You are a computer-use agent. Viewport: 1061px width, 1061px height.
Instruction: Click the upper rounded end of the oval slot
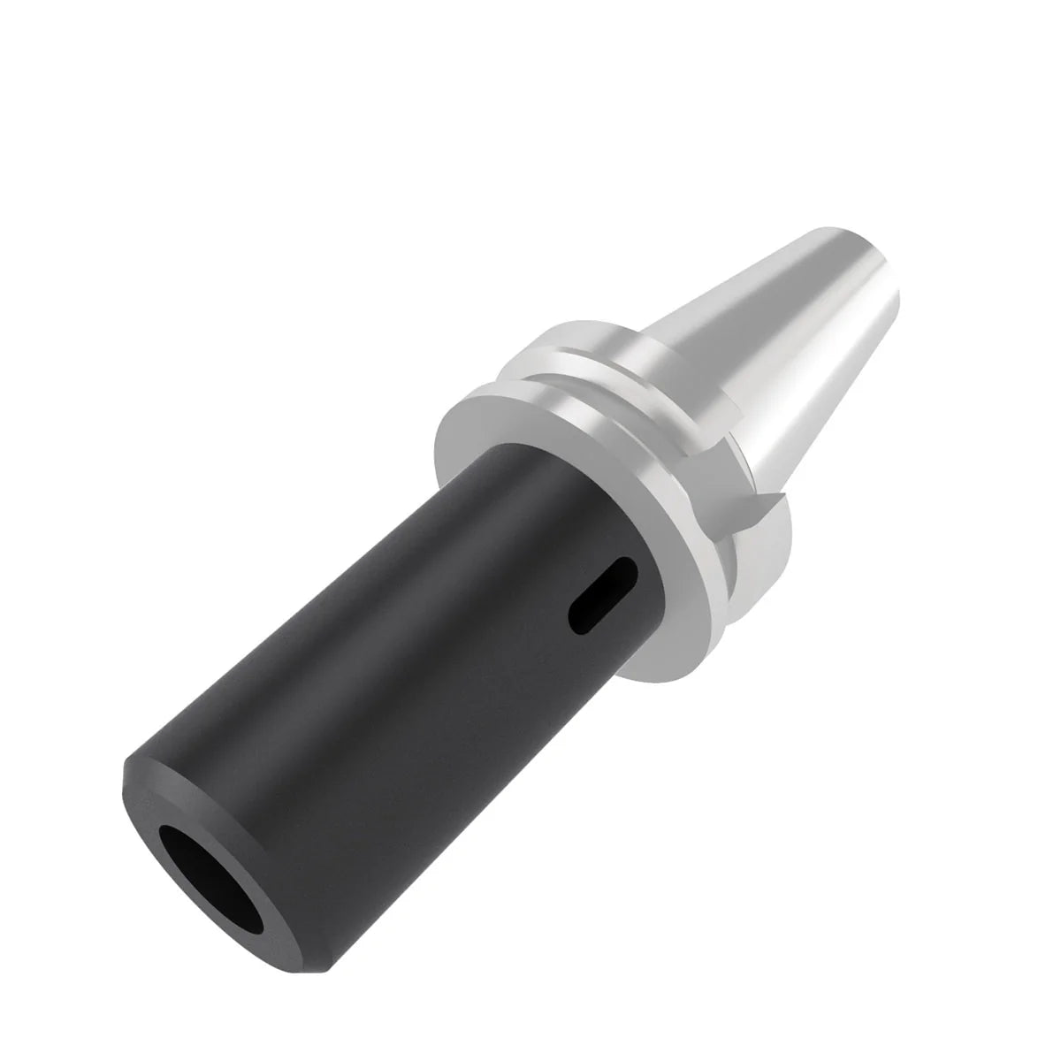pos(625,567)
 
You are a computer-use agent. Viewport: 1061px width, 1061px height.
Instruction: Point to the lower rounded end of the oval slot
pos(579,623)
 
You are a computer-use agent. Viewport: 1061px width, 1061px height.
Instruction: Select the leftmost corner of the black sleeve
pos(122,775)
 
